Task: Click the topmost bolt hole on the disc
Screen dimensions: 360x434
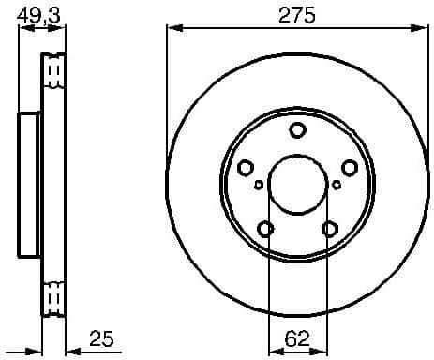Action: [297, 131]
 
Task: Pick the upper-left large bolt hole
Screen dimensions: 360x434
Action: [246, 168]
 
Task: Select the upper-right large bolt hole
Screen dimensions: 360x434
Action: [350, 168]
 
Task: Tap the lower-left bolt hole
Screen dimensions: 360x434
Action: [265, 229]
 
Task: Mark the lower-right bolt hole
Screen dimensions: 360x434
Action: [329, 229]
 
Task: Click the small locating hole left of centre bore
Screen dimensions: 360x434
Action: [259, 185]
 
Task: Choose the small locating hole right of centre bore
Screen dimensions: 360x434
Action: [337, 185]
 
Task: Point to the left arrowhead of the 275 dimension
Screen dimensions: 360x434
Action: [172, 30]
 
